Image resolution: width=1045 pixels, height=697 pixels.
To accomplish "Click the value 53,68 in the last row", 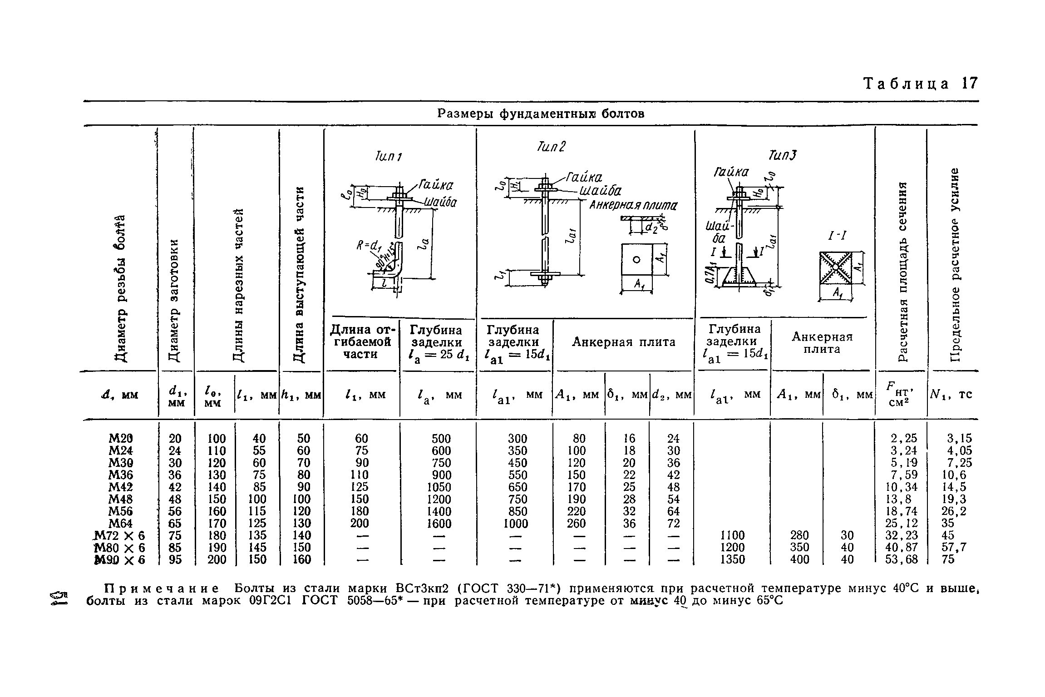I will (x=901, y=560).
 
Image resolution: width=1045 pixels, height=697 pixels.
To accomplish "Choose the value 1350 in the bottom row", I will (x=732, y=560).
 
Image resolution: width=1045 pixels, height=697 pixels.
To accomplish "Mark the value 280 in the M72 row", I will (x=800, y=535).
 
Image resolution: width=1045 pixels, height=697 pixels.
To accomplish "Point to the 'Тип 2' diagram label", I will (x=551, y=147).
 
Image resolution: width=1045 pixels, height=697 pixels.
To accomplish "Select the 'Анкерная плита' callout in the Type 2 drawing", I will (x=633, y=206).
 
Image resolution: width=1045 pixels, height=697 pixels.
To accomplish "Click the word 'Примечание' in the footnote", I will (x=161, y=588).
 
